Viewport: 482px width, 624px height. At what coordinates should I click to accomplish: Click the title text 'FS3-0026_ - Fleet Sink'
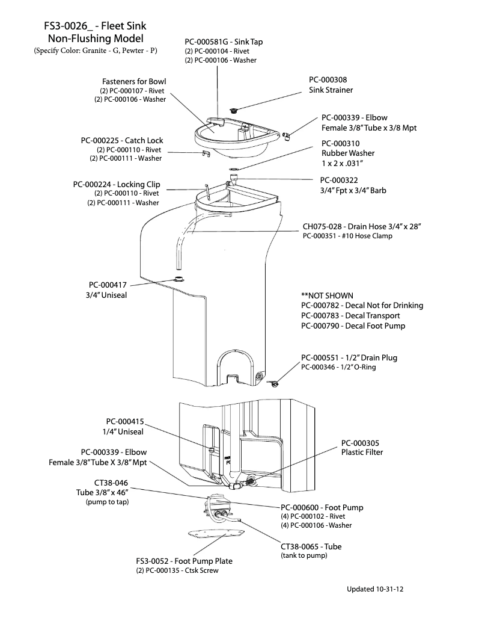[x=95, y=26]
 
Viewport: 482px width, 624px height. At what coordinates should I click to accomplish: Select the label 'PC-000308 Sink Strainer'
[x=331, y=85]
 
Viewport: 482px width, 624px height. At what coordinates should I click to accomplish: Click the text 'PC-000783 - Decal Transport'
[x=350, y=315]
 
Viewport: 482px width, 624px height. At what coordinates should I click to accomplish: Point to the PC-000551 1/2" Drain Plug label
[x=349, y=357]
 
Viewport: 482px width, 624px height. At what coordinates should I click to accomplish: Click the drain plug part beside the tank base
[x=275, y=383]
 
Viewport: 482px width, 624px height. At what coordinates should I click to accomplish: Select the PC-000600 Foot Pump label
[x=322, y=507]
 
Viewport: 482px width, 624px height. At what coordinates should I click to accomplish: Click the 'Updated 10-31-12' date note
[x=374, y=590]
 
